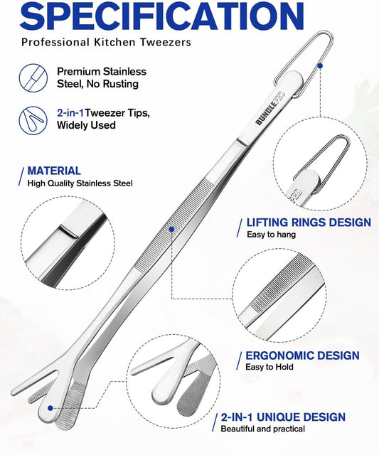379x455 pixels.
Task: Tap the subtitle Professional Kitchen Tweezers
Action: [106, 43]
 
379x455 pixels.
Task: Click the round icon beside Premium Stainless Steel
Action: [33, 78]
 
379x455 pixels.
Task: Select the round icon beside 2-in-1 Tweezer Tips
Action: [33, 120]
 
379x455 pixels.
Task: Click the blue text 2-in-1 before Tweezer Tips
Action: [70, 112]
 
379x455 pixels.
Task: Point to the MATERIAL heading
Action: [54, 171]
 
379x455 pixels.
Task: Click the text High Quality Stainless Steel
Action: [80, 183]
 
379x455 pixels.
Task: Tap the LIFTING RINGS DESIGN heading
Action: [309, 223]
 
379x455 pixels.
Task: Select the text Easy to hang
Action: [271, 235]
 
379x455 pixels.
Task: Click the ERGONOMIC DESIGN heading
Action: [302, 355]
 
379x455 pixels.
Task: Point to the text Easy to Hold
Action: [269, 367]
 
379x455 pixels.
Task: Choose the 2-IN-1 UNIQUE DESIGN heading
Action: [283, 417]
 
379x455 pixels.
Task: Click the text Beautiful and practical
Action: [262, 429]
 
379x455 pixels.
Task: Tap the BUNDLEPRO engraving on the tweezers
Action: [270, 109]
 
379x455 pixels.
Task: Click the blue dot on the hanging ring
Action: [320, 66]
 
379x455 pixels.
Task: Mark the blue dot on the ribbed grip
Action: [171, 229]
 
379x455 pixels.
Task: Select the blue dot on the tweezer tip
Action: [50, 408]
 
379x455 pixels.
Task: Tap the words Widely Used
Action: [86, 125]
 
